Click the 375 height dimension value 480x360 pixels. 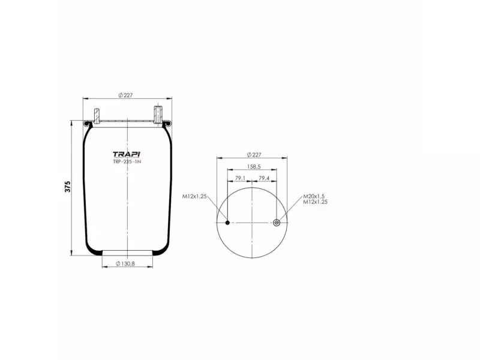[68, 187]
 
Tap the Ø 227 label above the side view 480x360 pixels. [126, 95]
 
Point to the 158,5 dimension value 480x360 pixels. [253, 167]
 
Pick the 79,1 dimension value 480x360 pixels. [239, 178]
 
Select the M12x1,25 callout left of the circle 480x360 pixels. [194, 196]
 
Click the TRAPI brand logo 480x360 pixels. [126, 154]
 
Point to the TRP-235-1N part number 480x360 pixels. [127, 161]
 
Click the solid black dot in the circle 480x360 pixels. [227, 223]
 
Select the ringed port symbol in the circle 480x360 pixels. [277, 223]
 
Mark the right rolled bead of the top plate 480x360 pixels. [167, 124]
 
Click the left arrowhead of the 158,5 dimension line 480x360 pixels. [229, 170]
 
